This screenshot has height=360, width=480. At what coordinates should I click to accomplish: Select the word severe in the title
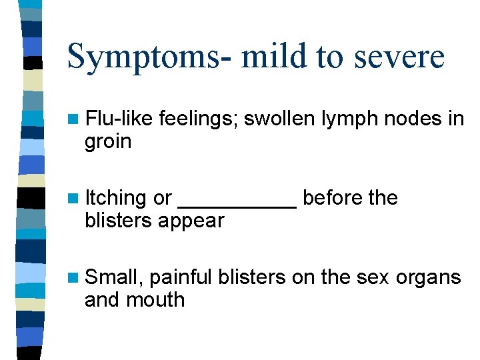coord(401,56)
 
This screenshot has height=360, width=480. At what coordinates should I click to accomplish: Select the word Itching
coord(116,199)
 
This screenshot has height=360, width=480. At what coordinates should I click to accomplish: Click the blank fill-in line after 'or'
coord(238,206)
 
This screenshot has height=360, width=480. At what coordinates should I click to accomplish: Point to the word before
coord(331,198)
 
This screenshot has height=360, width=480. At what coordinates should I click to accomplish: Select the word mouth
coord(155,299)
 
